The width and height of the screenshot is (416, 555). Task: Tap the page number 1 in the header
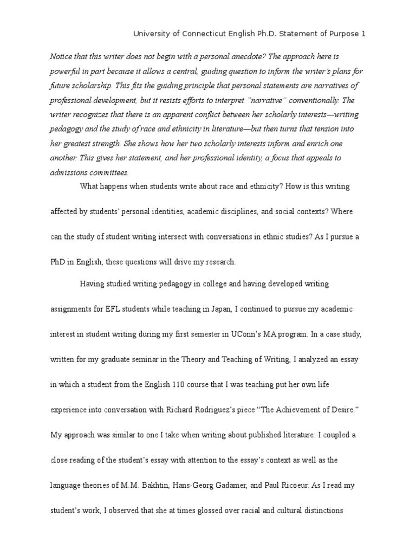pyautogui.click(x=364, y=34)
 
